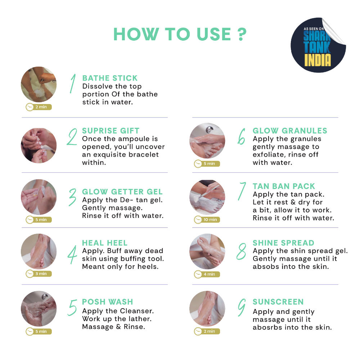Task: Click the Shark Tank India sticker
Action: click(x=318, y=45)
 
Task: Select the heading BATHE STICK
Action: click(x=110, y=78)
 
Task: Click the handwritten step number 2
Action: click(x=72, y=137)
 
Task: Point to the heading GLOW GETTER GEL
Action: click(x=122, y=192)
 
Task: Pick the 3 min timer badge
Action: click(x=39, y=274)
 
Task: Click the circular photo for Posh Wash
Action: click(x=39, y=309)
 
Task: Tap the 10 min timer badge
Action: click(x=207, y=220)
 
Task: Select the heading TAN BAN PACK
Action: click(x=284, y=186)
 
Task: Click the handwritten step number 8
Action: click(x=241, y=252)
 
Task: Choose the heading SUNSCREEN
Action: click(x=278, y=302)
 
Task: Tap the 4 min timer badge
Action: click(x=207, y=274)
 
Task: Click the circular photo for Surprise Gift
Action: click(x=39, y=145)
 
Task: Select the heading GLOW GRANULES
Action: click(x=290, y=131)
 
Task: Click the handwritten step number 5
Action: click(x=72, y=308)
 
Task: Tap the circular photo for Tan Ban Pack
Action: click(x=207, y=197)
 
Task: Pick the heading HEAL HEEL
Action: click(x=105, y=243)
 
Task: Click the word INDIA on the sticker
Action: click(x=318, y=60)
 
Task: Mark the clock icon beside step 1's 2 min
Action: click(x=30, y=107)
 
